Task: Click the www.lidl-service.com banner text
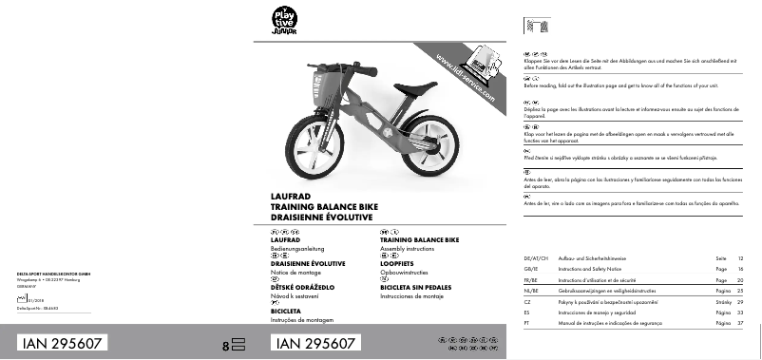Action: pos(466,80)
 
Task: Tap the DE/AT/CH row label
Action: pos(537,258)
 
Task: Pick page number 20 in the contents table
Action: pos(741,280)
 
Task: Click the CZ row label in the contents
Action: pos(527,301)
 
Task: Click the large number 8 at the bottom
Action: pos(225,347)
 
